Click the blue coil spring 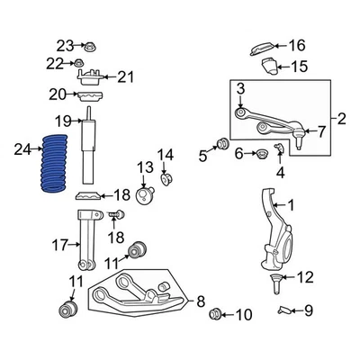click(54, 164)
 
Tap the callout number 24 click(22, 149)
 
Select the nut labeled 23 click(89, 47)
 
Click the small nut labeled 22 click(79, 63)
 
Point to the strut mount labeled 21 click(90, 76)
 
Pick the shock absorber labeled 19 click(89, 145)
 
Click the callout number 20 click(58, 94)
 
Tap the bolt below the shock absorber click(116, 215)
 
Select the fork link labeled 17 click(86, 240)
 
